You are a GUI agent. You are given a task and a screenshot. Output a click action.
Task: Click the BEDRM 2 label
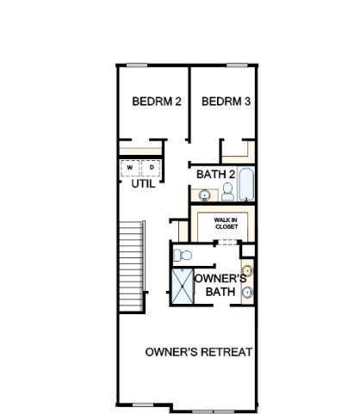click(x=157, y=102)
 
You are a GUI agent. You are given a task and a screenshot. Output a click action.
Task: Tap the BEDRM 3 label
click(x=227, y=102)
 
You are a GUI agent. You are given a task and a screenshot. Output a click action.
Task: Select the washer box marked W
click(x=130, y=168)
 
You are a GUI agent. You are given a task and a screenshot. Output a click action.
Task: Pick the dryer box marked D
click(x=151, y=168)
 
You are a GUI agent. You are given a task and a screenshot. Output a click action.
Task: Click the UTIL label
click(x=143, y=184)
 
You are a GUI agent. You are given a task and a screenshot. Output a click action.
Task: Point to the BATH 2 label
click(x=216, y=174)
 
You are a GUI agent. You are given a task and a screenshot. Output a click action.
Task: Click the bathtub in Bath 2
click(x=246, y=184)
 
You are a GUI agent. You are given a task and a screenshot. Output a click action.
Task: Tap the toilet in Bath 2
click(x=227, y=192)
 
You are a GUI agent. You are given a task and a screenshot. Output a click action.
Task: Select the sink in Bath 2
click(x=205, y=195)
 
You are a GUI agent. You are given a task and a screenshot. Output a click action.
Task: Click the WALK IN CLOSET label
click(x=227, y=224)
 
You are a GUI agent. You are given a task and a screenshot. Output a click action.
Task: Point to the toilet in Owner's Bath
click(x=183, y=255)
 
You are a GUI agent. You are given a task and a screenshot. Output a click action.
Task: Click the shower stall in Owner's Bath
click(x=183, y=286)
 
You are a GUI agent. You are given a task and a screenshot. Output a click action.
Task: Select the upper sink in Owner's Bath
click(x=247, y=270)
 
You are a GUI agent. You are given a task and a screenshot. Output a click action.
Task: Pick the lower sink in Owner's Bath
click(x=247, y=293)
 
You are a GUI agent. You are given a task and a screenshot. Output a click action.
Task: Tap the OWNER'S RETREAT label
click(x=199, y=352)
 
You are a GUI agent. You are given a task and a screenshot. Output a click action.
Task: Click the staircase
click(x=132, y=266)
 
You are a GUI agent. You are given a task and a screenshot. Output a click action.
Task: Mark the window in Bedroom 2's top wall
click(x=137, y=65)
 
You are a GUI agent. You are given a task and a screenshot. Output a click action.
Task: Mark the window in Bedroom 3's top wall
click(x=237, y=65)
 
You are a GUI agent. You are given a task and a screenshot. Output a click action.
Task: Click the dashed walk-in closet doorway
click(x=227, y=243)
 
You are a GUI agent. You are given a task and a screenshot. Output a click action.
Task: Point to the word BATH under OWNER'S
click(x=220, y=292)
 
